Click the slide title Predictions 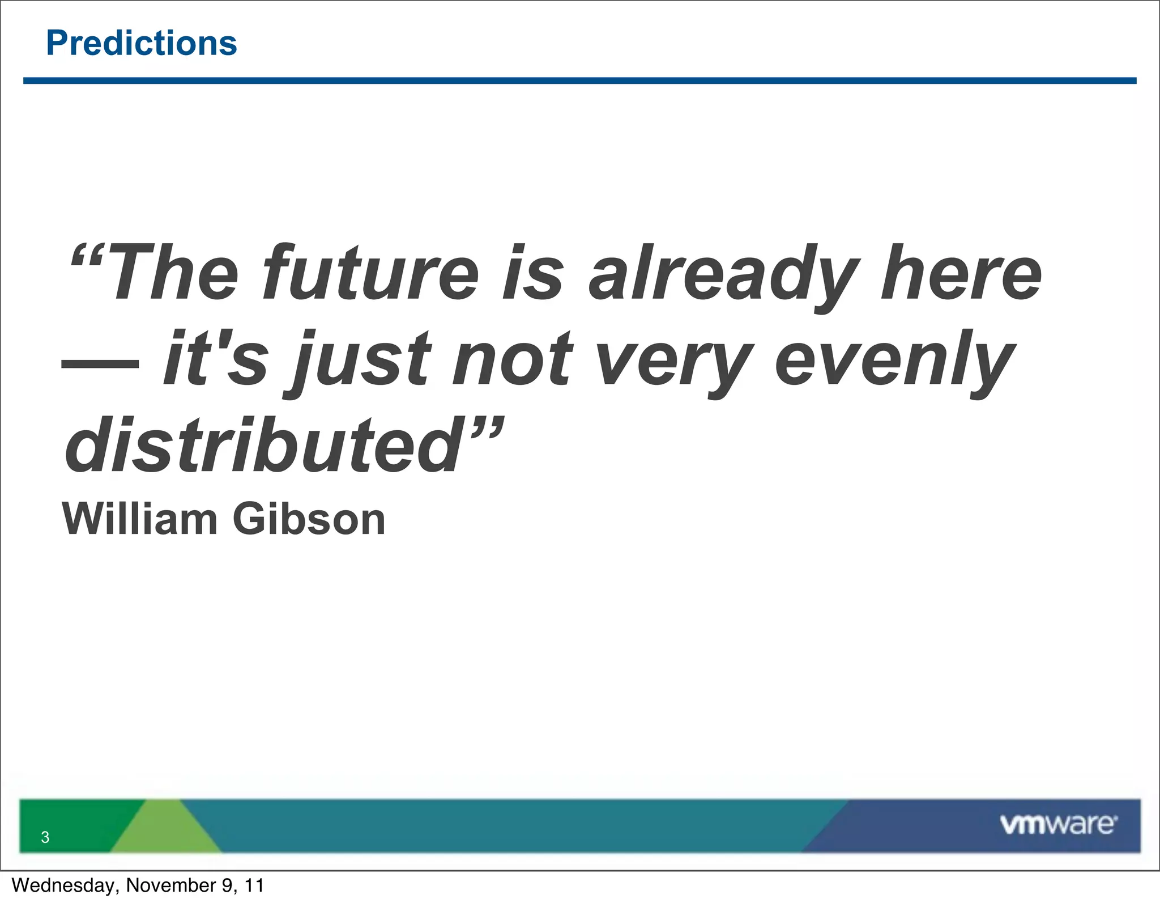142,43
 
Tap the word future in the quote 371,273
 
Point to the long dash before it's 100,364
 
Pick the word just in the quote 362,361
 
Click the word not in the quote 513,361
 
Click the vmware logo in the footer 1058,824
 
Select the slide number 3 45,837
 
